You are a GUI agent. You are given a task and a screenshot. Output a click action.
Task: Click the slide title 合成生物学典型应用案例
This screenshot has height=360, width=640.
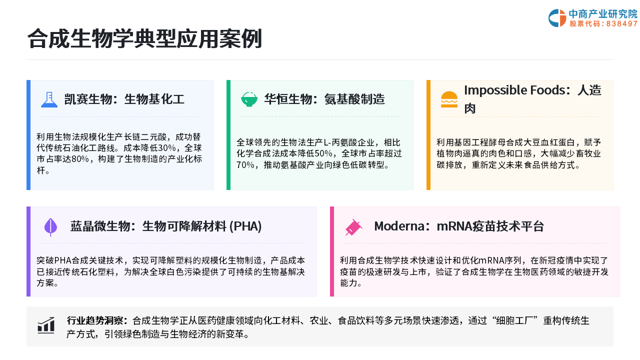[144, 38]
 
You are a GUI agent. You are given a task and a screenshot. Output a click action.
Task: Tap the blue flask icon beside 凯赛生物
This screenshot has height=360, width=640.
[49, 99]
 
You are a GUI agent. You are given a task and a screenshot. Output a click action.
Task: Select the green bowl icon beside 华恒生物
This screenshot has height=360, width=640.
[249, 99]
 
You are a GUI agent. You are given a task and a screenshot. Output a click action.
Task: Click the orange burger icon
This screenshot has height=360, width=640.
[449, 99]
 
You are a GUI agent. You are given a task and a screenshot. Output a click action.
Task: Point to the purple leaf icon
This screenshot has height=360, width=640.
[50, 227]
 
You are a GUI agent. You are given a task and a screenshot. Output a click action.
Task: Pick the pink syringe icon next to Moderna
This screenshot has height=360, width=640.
[353, 227]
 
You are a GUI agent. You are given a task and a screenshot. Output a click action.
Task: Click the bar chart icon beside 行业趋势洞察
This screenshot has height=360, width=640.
[46, 325]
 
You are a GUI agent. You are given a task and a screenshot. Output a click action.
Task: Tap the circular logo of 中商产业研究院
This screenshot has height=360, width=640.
[557, 18]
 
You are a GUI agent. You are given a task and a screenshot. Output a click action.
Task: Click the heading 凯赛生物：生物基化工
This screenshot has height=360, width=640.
[124, 99]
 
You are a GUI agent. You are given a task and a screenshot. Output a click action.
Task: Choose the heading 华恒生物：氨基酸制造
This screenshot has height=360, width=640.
[324, 99]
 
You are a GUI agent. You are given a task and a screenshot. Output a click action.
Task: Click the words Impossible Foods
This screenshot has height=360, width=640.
[515, 90]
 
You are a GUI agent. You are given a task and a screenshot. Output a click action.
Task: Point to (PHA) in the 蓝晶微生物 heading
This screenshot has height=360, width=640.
[245, 226]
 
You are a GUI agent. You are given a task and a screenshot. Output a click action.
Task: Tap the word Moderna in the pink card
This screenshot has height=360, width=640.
[399, 226]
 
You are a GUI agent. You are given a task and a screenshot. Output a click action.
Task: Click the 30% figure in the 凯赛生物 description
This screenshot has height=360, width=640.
[167, 148]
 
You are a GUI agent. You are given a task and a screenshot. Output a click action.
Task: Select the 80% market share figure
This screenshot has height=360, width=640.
[80, 159]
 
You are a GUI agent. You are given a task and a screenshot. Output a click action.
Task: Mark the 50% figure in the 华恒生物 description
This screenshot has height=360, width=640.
[323, 153]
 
